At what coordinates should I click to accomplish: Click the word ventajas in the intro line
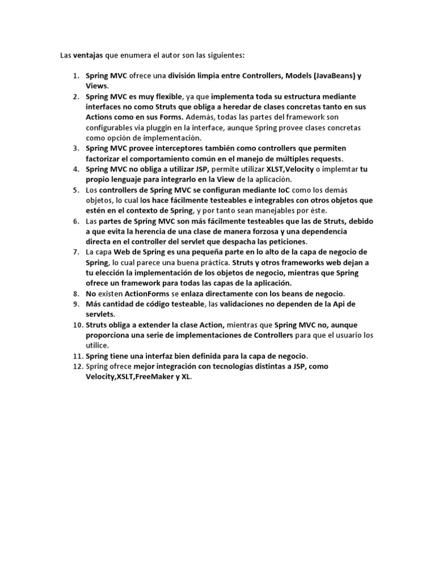pyautogui.click(x=87, y=55)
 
